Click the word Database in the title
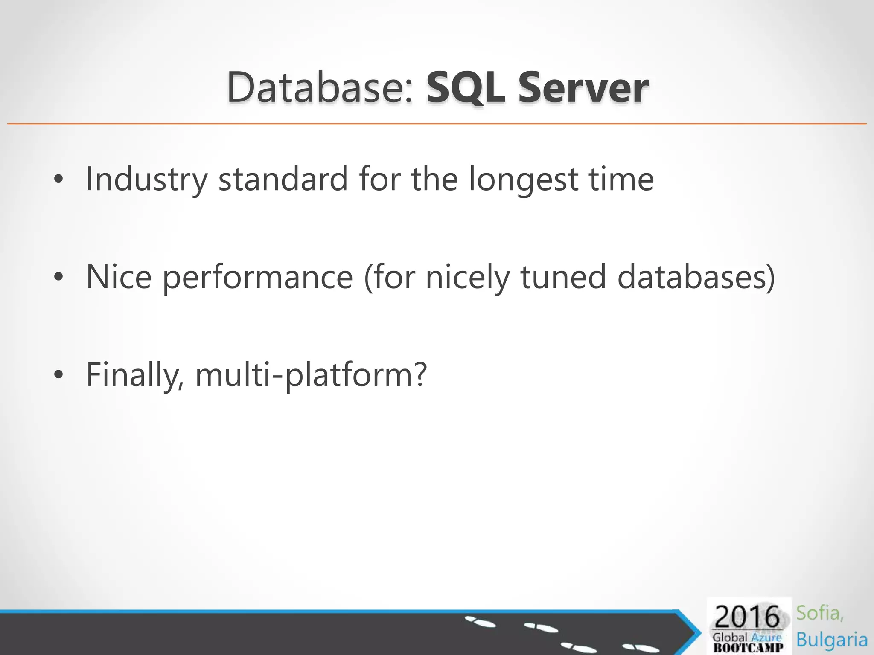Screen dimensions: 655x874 [x=320, y=87]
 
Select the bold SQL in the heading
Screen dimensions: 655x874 [x=465, y=88]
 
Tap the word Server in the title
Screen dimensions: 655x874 [x=583, y=88]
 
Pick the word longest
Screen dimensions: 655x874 [x=523, y=179]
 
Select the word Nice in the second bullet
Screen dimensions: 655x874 [x=119, y=276]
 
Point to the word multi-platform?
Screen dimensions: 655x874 [x=311, y=374]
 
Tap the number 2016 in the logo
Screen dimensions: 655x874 [x=747, y=617]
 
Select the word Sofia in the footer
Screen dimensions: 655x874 [x=819, y=613]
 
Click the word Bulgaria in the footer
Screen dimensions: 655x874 [x=832, y=640]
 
